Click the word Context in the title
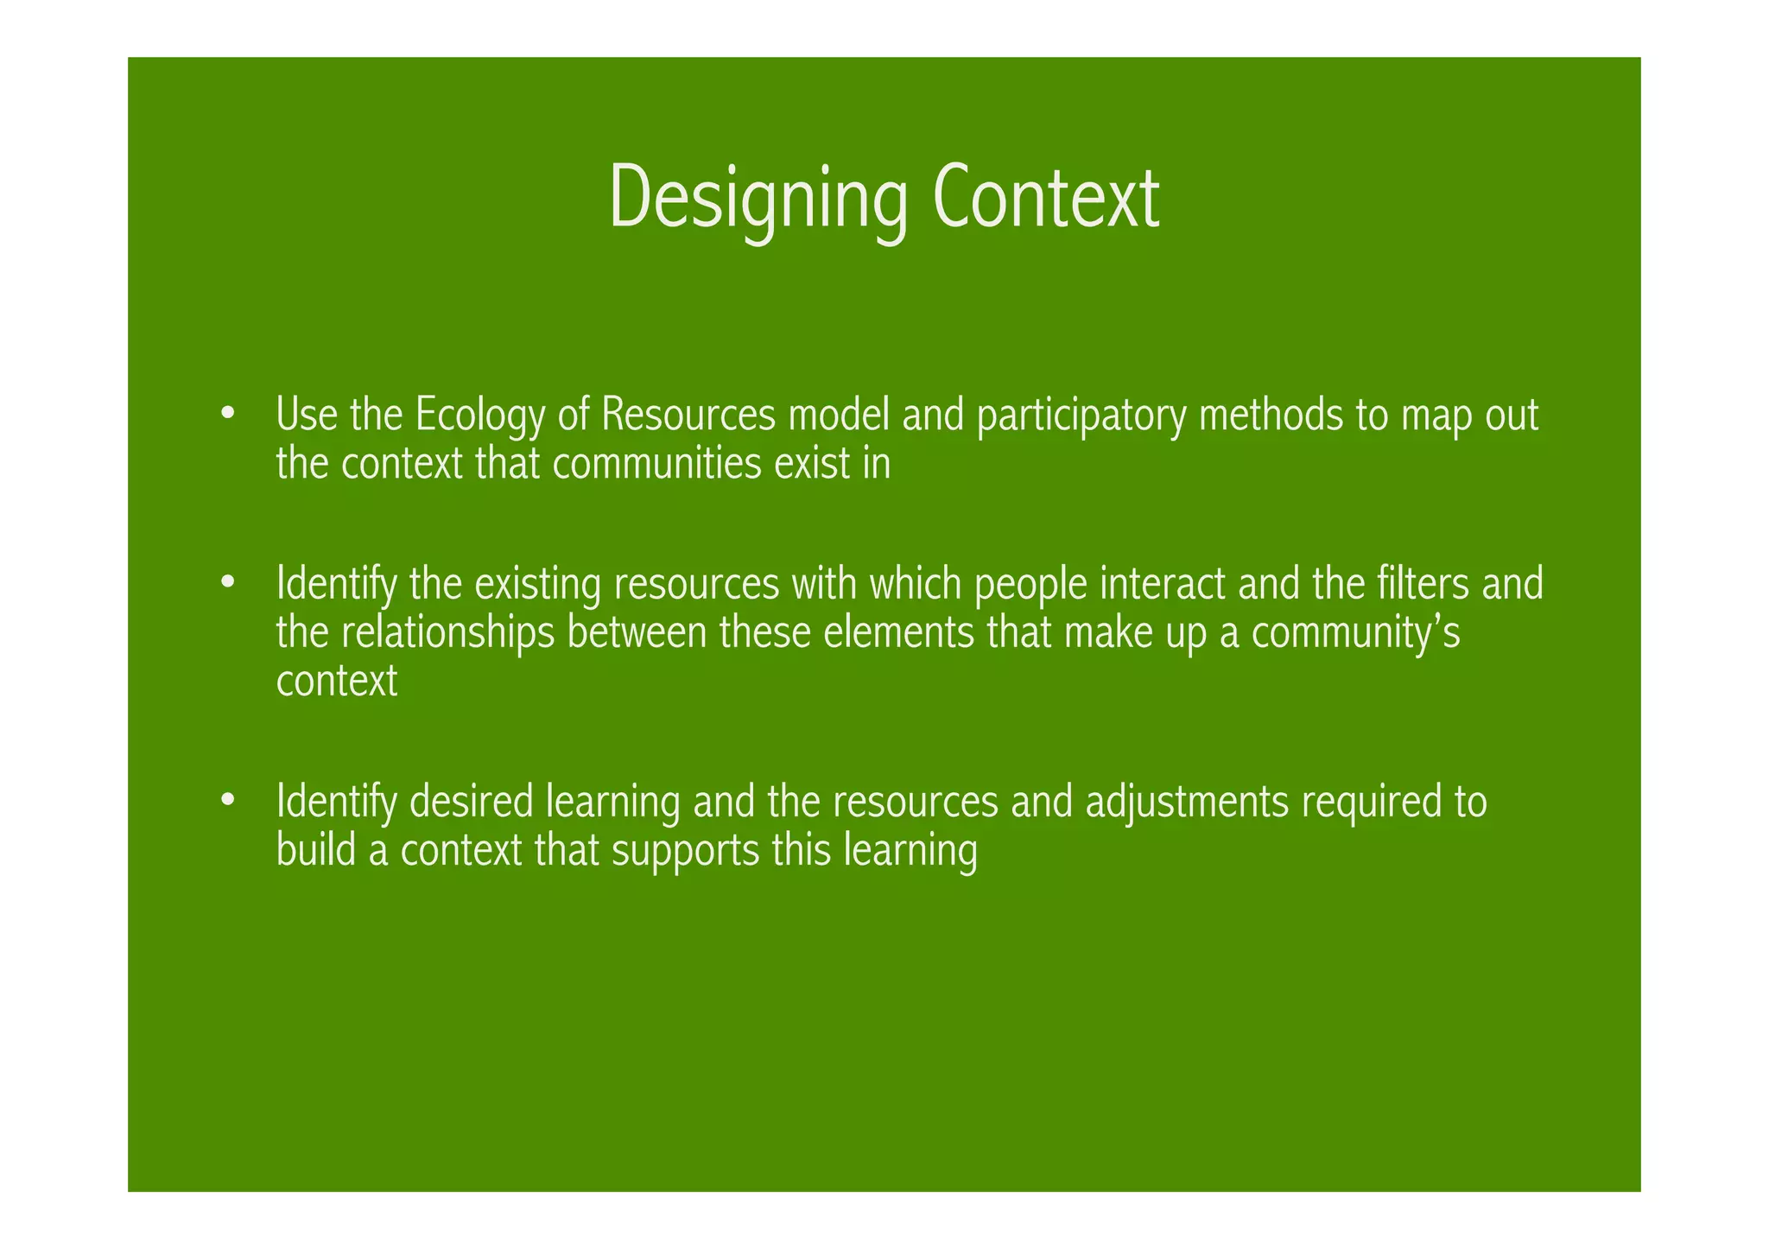click(1046, 198)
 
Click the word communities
click(656, 464)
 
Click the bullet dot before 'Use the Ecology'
click(227, 412)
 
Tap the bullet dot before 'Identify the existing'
click(227, 582)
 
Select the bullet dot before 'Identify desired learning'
click(227, 799)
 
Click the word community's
click(1355, 632)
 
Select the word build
click(315, 851)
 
